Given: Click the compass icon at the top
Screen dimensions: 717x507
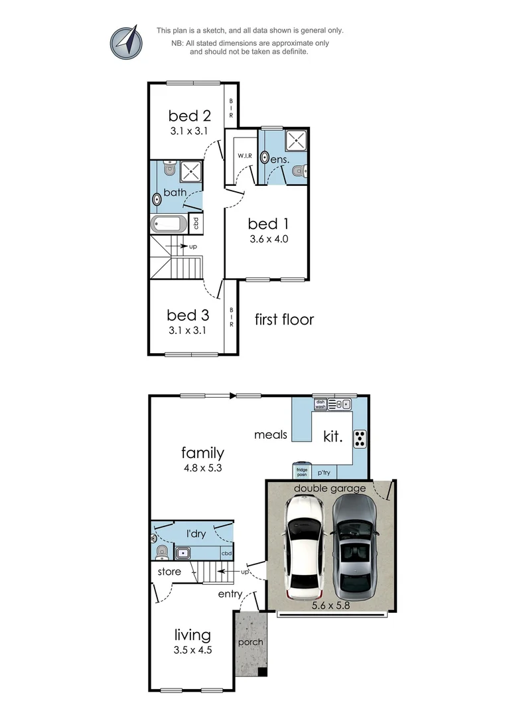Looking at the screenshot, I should click(126, 42).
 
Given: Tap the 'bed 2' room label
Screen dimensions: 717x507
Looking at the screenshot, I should click(189, 115).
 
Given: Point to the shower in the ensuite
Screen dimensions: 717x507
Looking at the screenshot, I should click(295, 141).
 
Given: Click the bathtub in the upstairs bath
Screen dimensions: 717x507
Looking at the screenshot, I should click(170, 223).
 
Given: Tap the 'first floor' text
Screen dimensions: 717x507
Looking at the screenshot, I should click(284, 319).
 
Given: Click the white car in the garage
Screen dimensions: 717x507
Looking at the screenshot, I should click(305, 546).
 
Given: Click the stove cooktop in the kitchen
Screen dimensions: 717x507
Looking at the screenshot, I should click(360, 438).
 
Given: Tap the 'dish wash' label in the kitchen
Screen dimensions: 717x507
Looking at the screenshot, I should click(320, 403).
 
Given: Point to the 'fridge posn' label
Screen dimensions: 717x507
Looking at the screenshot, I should click(302, 473).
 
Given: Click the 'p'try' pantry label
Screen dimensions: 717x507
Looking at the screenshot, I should click(324, 473).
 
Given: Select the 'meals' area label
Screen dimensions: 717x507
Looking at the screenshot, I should click(271, 435).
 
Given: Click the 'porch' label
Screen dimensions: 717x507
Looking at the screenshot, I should click(251, 642).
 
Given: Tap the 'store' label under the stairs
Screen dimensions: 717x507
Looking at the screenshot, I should click(169, 571).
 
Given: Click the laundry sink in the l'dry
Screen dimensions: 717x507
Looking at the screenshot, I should click(182, 552).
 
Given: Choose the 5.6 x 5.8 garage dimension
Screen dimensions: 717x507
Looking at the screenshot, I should click(332, 605).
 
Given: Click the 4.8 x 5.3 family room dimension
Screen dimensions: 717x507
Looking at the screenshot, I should click(202, 467).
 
